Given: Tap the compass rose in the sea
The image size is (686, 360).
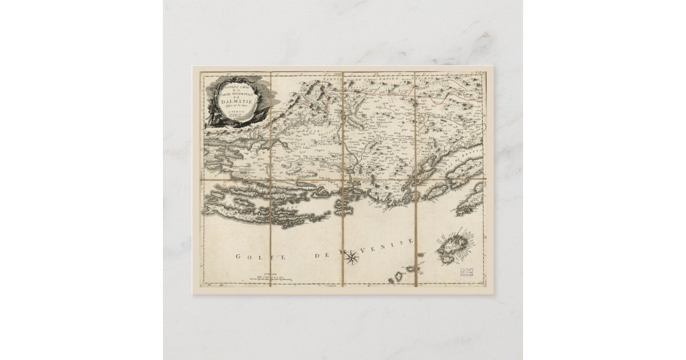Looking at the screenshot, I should pyautogui.click(x=353, y=260).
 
